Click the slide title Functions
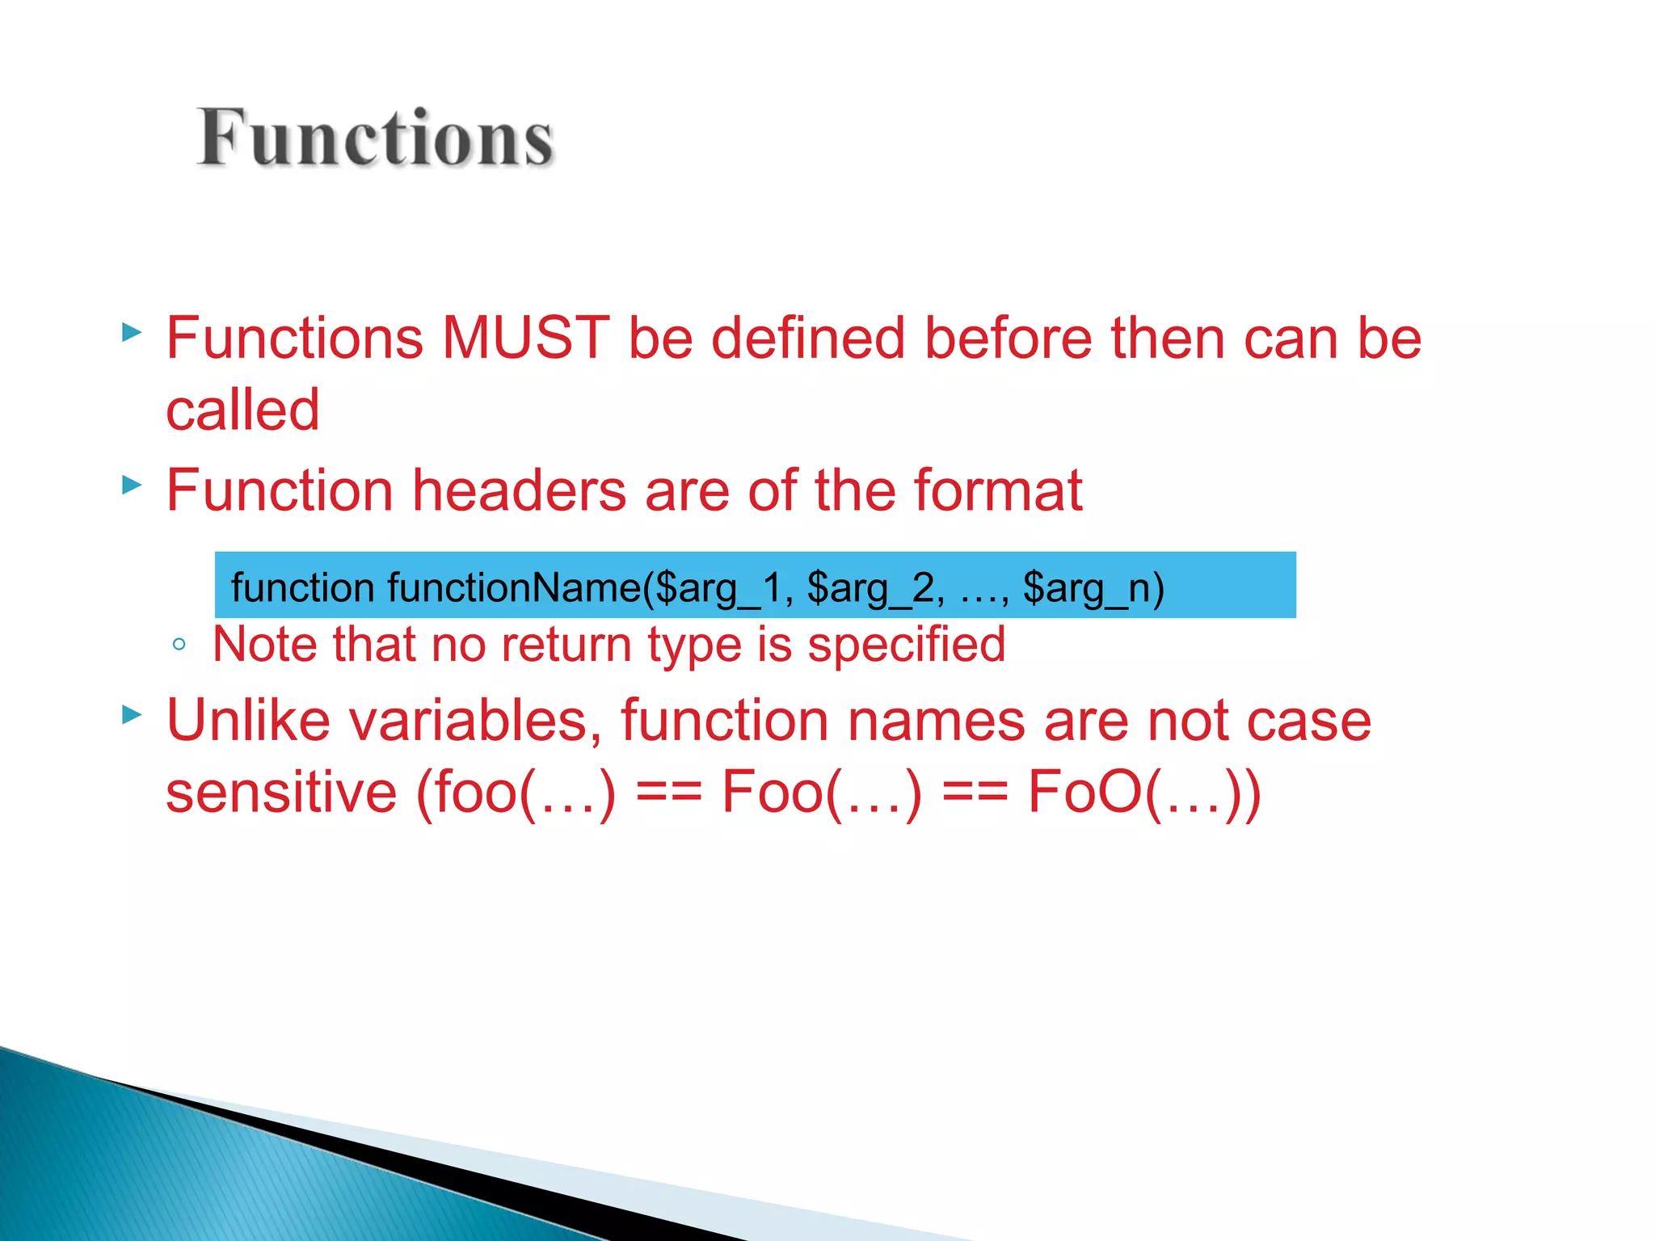point(376,139)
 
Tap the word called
point(242,410)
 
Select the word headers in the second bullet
point(520,490)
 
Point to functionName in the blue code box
point(514,587)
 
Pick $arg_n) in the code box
point(1093,587)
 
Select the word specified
point(906,645)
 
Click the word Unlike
point(248,720)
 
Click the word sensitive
point(281,792)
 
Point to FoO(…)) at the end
point(1143,792)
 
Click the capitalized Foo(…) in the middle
point(821,792)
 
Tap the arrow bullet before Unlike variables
point(132,714)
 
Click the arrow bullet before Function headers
point(132,485)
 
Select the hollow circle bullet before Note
point(179,645)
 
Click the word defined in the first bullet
point(807,338)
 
